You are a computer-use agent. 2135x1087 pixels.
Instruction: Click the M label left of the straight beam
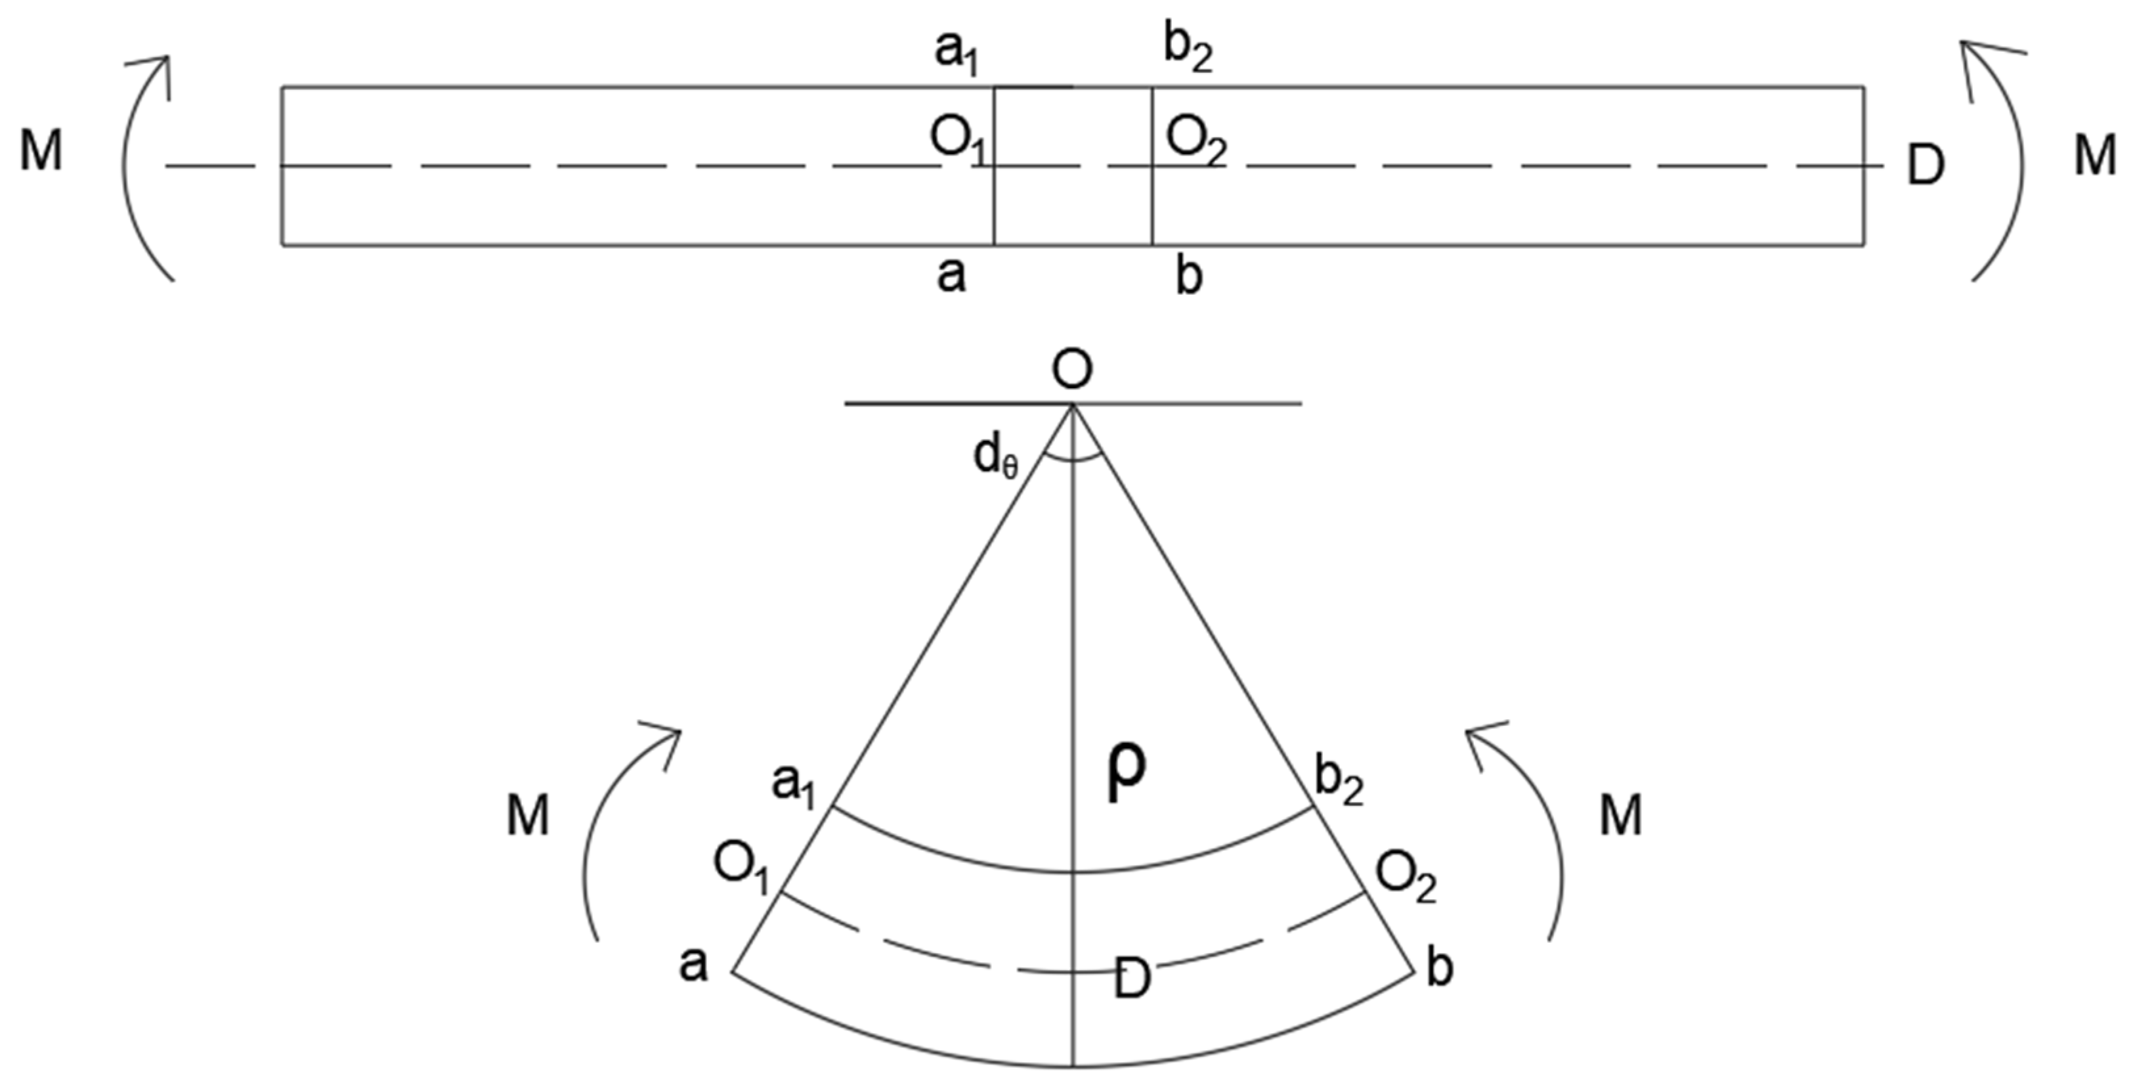pos(41,152)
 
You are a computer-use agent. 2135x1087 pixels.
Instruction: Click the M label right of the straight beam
pos(2094,156)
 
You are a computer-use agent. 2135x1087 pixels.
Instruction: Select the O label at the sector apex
pos(1071,370)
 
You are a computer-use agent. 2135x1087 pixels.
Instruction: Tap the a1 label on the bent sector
pos(794,784)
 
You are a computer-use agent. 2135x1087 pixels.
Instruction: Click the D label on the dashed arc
pos(1132,979)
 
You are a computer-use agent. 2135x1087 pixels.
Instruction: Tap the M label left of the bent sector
pos(528,815)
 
